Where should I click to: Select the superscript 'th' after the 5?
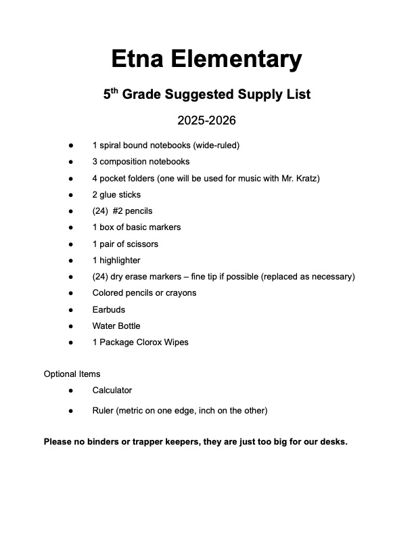[x=115, y=91]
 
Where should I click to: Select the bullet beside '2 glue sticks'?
[x=70, y=195]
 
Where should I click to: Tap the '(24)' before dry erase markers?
[x=100, y=277]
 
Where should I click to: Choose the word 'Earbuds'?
[x=109, y=309]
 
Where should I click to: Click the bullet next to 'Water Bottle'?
[x=70, y=326]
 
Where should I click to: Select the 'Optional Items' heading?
[x=72, y=374]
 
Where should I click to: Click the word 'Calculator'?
[x=112, y=390]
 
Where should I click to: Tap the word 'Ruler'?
[x=103, y=411]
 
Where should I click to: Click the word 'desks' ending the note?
[x=333, y=443]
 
